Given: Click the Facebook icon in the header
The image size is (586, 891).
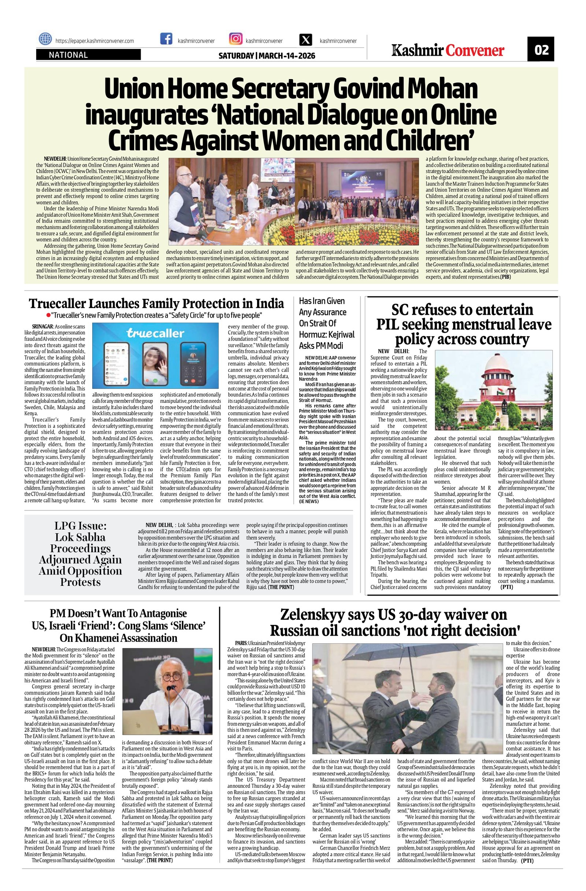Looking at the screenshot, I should (x=166, y=40).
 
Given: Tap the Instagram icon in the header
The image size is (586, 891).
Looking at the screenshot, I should (x=235, y=40).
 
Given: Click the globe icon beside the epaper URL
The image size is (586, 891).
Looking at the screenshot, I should (x=45, y=39).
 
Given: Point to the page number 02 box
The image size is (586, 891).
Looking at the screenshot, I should (x=541, y=49).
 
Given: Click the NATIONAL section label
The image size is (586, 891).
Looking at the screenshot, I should (x=68, y=55).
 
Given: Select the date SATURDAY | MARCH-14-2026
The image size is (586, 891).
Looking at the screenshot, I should (x=267, y=56).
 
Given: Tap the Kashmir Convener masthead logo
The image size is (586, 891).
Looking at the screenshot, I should (x=448, y=50).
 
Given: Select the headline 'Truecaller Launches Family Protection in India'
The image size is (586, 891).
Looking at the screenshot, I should (x=157, y=303).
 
